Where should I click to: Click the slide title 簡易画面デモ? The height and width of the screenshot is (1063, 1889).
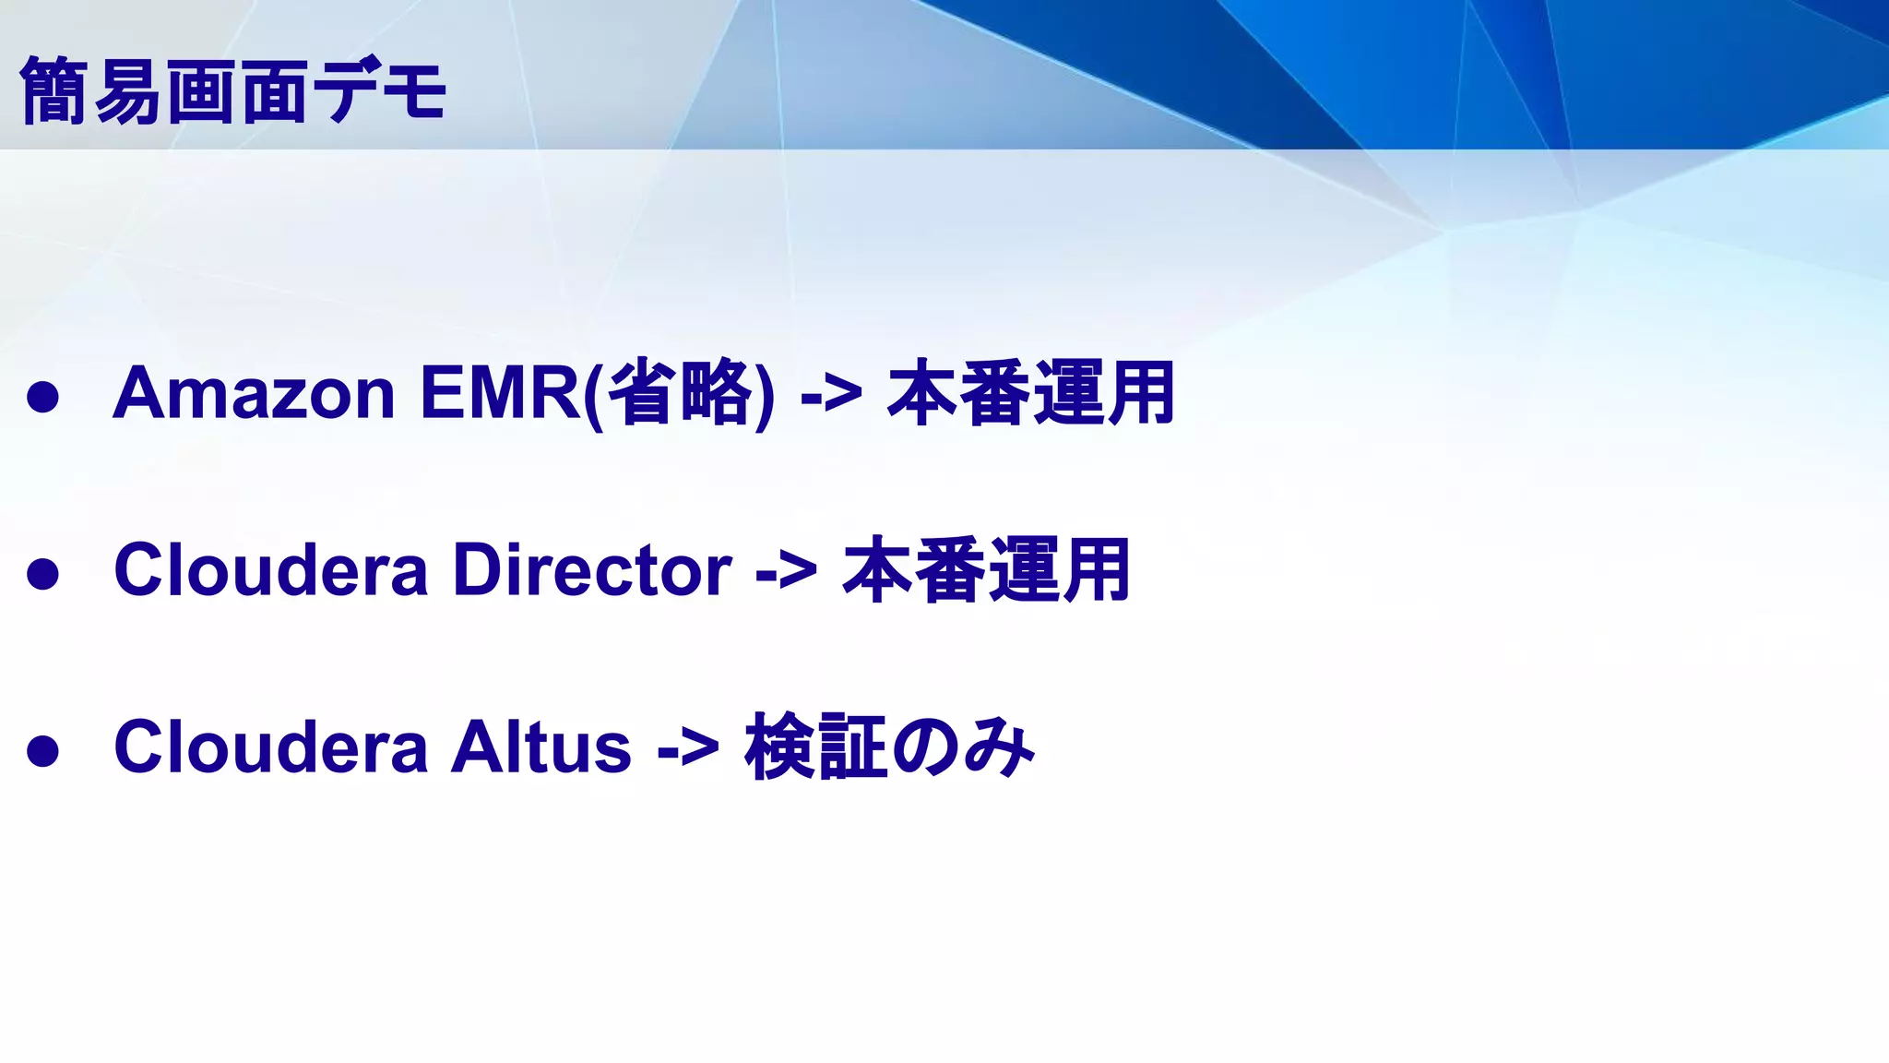point(232,90)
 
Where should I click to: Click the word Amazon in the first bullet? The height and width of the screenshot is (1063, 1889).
point(254,394)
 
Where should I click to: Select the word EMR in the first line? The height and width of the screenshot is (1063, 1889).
point(499,394)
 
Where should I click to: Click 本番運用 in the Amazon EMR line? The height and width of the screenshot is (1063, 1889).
point(1030,394)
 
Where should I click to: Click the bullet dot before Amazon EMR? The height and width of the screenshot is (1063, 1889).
point(43,398)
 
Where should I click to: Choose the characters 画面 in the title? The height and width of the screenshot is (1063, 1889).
point(236,90)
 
